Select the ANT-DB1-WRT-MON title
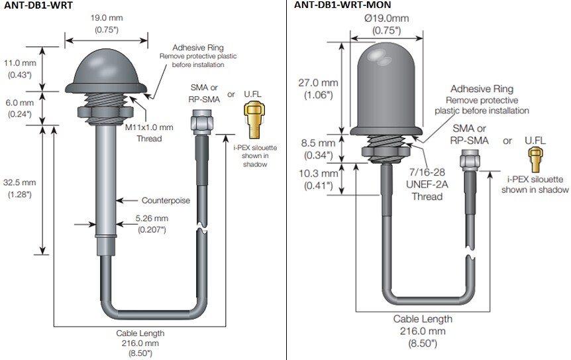pyautogui.click(x=342, y=5)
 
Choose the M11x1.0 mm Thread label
pyautogui.click(x=149, y=132)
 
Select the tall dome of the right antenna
pyautogui.click(x=386, y=86)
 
